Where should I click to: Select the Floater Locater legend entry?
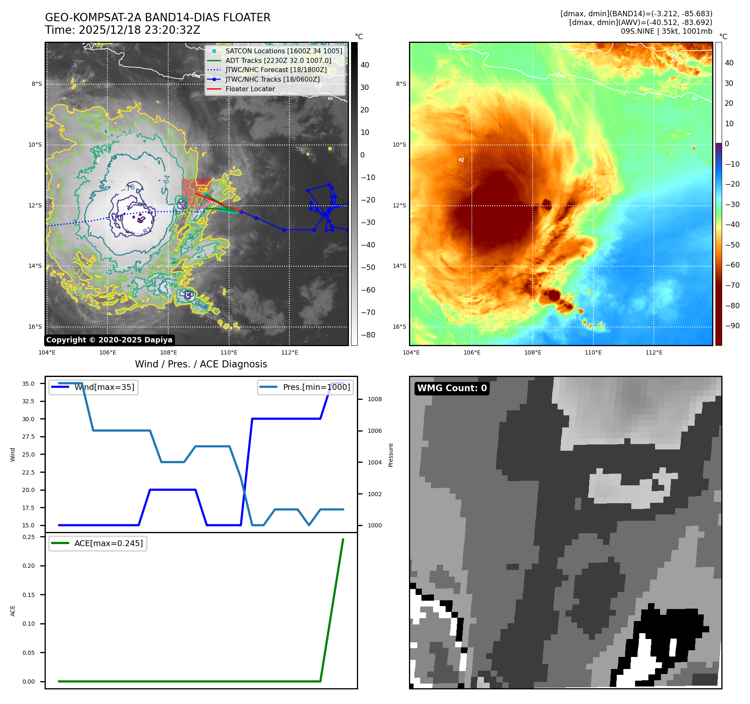250,89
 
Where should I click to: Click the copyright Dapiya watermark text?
109,340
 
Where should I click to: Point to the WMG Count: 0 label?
452,388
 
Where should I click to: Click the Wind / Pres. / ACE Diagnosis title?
201,364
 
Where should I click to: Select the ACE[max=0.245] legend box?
98,543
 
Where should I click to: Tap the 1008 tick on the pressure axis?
374,399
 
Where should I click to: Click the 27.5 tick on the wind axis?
28,437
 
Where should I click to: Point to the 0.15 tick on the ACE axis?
28,595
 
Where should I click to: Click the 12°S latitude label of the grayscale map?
35,205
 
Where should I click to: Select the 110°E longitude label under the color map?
593,352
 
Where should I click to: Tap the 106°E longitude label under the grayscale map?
107,352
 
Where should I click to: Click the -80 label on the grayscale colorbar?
368,335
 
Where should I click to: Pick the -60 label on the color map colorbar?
732,265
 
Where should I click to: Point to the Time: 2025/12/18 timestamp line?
123,30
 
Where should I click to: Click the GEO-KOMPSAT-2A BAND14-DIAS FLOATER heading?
158,17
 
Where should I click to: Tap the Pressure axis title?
391,455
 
